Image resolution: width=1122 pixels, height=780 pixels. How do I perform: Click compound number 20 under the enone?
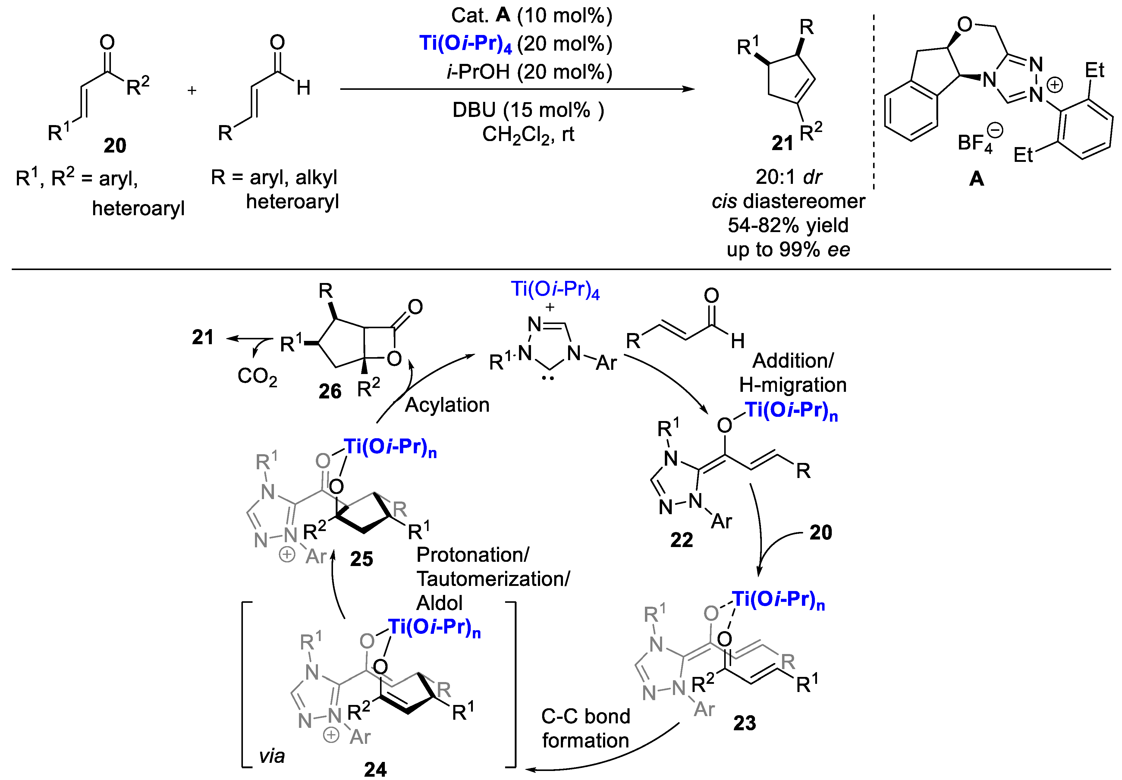115,146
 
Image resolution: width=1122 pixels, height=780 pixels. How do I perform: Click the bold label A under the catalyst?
976,179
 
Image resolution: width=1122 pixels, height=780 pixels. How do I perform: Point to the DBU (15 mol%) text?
528,110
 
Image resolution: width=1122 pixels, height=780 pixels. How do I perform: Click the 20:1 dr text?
789,177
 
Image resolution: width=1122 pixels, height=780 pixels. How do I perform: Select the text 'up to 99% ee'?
788,250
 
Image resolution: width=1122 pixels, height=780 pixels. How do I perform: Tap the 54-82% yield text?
788,225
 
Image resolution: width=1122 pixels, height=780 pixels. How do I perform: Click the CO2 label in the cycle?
257,376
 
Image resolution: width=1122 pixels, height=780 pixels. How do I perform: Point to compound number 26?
330,392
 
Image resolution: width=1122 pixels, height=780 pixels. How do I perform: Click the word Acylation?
447,405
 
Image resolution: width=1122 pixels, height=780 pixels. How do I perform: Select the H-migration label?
793,385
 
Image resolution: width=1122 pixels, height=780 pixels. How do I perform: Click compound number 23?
744,723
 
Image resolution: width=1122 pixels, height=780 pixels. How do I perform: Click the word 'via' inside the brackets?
272,756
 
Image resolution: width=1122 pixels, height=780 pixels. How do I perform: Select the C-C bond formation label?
586,728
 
